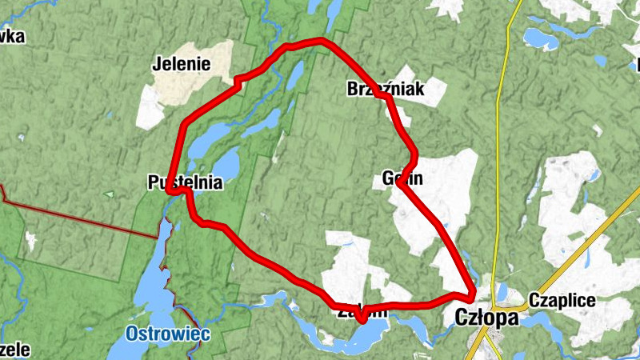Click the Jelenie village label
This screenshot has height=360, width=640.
181,64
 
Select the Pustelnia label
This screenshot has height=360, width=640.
184,182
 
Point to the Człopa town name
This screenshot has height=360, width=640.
486,318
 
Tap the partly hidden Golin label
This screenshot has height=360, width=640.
397,178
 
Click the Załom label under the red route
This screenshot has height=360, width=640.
362,311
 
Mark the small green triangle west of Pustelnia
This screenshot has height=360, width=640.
109,194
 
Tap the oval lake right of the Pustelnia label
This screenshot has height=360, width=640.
226,166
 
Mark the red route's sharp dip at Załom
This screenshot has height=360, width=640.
362,319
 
